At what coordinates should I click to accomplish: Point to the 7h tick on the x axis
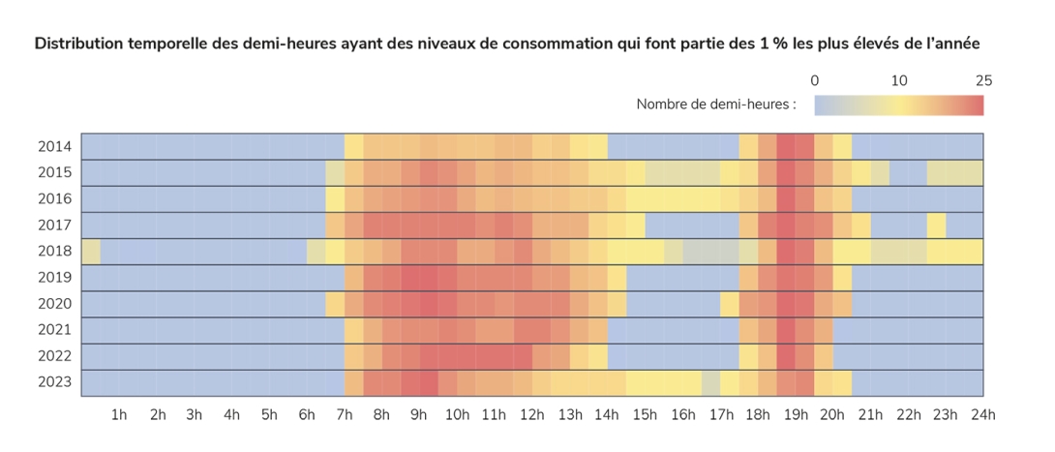[x=344, y=415]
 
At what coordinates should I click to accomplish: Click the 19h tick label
[x=796, y=415]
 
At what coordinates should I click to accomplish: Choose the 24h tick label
[x=983, y=415]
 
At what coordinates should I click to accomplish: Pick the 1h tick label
[x=119, y=415]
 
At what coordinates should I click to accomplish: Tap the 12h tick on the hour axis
[x=532, y=415]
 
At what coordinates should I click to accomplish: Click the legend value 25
[x=983, y=80]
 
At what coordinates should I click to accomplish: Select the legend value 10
[x=899, y=80]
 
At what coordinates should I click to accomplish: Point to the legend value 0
[x=815, y=80]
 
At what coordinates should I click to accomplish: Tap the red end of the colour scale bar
[x=977, y=105]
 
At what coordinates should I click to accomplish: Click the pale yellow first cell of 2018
[x=91, y=252]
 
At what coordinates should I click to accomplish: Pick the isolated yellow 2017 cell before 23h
[x=936, y=226]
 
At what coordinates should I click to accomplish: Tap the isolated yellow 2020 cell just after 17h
[x=730, y=304]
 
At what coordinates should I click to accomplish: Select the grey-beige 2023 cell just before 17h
[x=710, y=382]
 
